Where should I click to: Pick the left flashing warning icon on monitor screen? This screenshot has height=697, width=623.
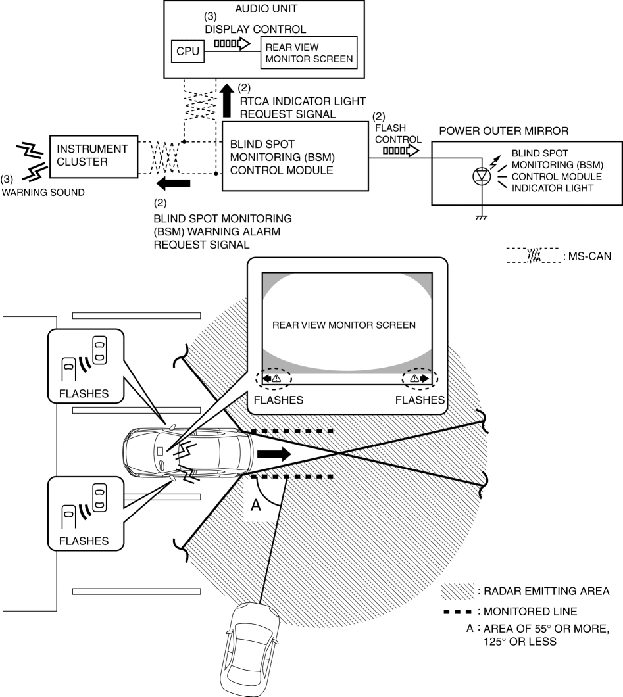coord(272,379)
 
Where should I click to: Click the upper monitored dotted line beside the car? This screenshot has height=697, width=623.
coord(290,431)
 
